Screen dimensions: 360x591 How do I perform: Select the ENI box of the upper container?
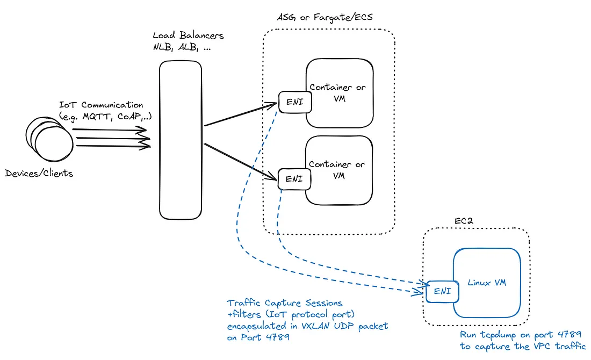(x=295, y=102)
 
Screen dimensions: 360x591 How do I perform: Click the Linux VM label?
(x=486, y=283)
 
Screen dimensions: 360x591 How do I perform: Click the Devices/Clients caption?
(x=39, y=174)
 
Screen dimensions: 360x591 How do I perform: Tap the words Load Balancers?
(x=188, y=36)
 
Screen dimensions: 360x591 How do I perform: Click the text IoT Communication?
(x=101, y=105)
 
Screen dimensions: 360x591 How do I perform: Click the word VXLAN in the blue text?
(x=307, y=326)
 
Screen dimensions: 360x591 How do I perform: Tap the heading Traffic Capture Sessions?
(x=284, y=304)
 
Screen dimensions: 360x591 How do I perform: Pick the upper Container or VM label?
(x=338, y=92)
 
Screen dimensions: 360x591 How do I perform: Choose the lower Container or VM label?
(x=338, y=170)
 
